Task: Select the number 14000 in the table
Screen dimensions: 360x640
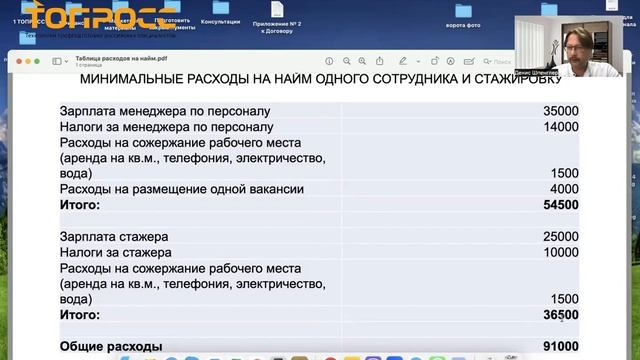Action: pos(560,127)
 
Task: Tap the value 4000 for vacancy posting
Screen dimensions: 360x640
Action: pos(564,189)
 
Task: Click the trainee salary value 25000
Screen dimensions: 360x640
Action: pos(560,237)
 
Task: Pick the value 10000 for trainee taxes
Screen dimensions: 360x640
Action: pos(560,253)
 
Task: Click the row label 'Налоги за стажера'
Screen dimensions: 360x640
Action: pos(114,253)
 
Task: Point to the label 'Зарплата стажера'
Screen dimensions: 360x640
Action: pos(114,237)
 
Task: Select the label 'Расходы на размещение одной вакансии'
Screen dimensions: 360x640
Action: pos(181,189)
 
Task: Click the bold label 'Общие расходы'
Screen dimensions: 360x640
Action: pos(111,346)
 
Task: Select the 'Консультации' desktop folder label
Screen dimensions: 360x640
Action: pos(220,20)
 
